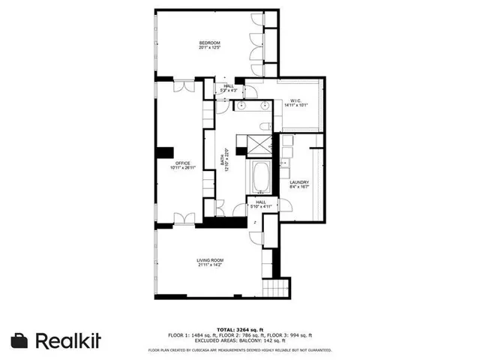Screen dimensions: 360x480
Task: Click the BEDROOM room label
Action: click(x=209, y=42)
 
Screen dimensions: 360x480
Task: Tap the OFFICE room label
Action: click(x=182, y=163)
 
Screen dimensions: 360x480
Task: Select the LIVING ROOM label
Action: click(x=210, y=260)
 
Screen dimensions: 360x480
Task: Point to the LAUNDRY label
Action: click(x=300, y=181)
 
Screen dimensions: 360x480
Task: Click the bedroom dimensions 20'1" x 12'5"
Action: click(x=209, y=48)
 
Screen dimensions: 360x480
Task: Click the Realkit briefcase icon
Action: click(x=19, y=340)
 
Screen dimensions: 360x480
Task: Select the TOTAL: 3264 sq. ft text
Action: click(x=240, y=329)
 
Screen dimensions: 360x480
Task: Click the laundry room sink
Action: click(x=285, y=162)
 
